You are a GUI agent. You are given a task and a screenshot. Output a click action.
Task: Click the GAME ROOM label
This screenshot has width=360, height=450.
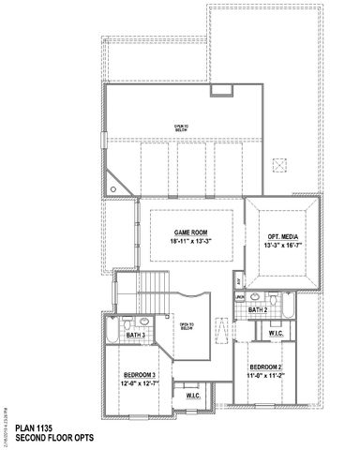tap(190, 232)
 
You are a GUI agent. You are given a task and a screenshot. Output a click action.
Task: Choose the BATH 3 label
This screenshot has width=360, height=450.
tap(136, 335)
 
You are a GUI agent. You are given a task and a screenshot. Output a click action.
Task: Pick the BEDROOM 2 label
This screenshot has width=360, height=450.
tap(265, 367)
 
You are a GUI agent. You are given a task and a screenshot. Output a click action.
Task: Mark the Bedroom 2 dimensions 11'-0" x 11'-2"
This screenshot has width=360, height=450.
tap(265, 375)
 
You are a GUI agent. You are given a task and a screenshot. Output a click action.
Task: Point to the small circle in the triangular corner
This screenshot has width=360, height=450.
tap(113, 188)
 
